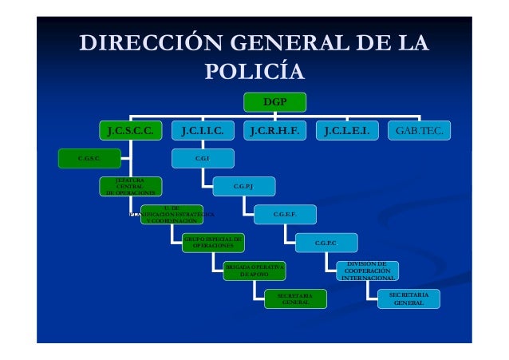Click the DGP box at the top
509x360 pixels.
click(274, 101)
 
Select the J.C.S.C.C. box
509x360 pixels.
click(130, 129)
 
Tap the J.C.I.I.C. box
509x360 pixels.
click(207, 129)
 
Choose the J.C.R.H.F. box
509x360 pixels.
click(275, 129)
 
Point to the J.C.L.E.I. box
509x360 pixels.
click(346, 129)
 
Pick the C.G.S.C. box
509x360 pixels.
click(89, 158)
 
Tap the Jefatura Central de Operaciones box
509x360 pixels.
click(130, 187)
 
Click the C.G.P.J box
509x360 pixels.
click(243, 187)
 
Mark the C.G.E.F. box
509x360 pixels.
click(285, 214)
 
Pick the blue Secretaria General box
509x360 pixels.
click(408, 299)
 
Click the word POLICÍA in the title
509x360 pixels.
click(254, 72)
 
